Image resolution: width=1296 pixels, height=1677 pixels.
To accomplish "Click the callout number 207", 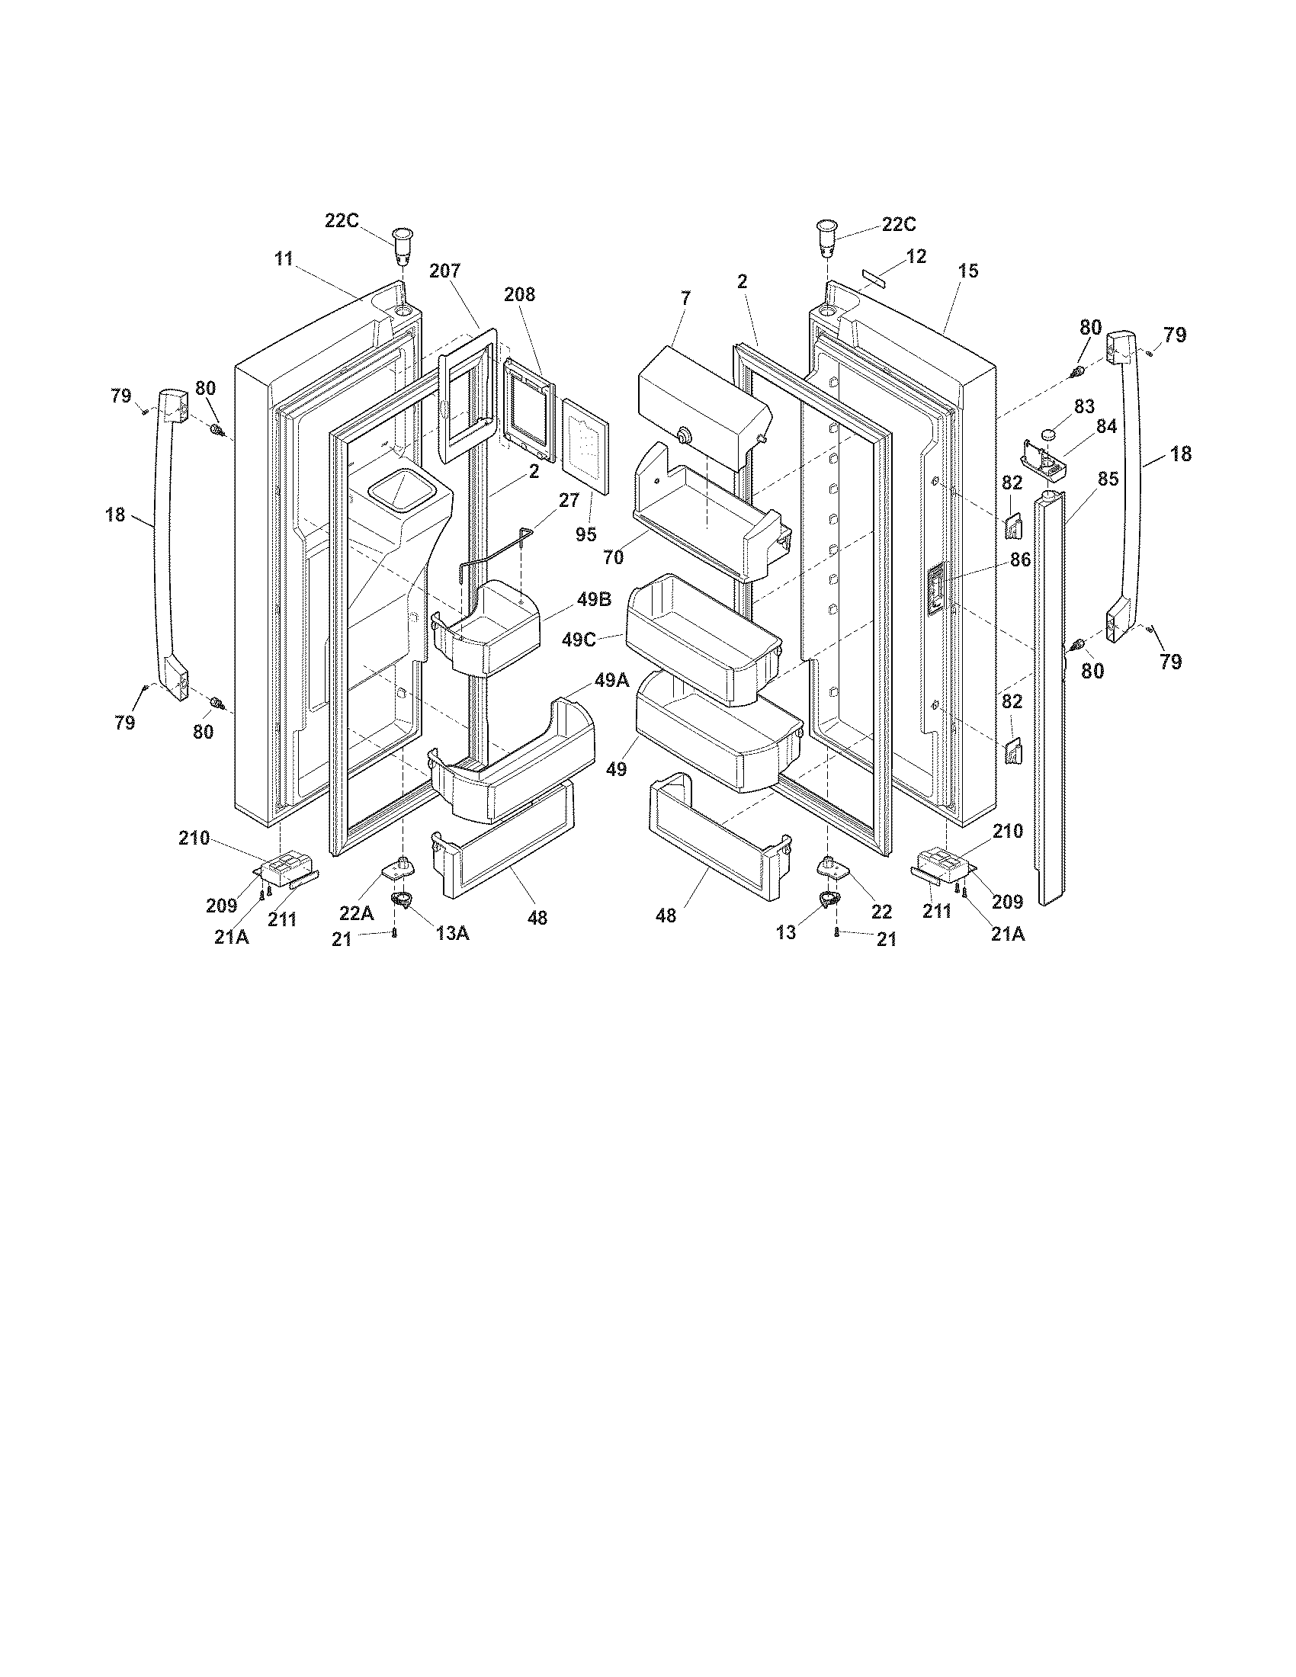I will pos(444,271).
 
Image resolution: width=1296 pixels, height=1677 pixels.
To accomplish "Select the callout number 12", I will pos(916,256).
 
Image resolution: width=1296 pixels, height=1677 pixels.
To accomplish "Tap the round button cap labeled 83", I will pos(1050,436).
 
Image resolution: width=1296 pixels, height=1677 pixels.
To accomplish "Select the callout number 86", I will pos(1019,560).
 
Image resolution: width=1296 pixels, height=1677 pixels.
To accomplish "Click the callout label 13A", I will pos(452,932).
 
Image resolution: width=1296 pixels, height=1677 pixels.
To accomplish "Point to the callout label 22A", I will pos(357,913).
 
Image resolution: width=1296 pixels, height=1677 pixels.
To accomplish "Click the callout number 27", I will pos(569,500).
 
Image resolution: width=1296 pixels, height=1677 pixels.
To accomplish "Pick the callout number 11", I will pos(284,258).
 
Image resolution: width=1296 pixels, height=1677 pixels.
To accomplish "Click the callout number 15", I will pos(968,271).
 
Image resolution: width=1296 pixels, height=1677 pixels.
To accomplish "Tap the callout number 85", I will pos(1107,479).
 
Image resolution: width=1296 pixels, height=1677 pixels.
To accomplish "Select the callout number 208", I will pos(519,294).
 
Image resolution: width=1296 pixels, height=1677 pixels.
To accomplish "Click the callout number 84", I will pos(1105,426).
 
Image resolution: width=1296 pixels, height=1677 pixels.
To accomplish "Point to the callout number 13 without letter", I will pos(786,933).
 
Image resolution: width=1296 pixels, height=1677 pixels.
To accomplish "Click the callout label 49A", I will pos(612,679).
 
